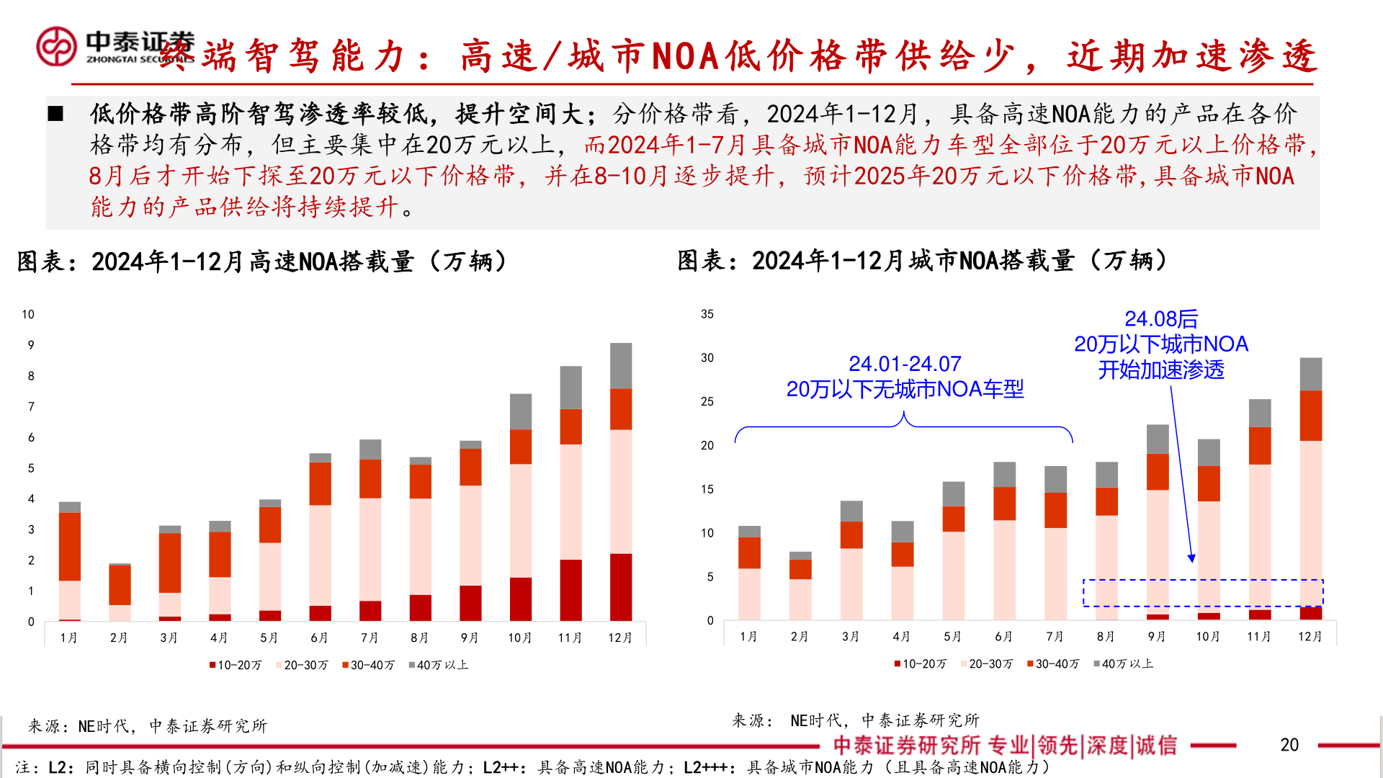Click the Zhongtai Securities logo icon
[56, 46]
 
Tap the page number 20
[1289, 745]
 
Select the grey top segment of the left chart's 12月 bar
[621, 365]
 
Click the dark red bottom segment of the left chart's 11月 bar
[570, 590]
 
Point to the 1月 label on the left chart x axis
[68, 638]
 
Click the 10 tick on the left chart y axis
[28, 314]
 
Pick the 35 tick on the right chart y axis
[707, 314]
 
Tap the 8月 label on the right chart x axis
[1106, 637]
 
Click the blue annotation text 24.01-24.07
[905, 364]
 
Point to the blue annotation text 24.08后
[1161, 318]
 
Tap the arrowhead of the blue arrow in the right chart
[1191, 558]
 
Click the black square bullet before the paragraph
[55, 114]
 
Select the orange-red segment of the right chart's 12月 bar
[1311, 416]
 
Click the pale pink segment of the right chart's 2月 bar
[800, 599]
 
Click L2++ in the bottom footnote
[501, 768]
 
